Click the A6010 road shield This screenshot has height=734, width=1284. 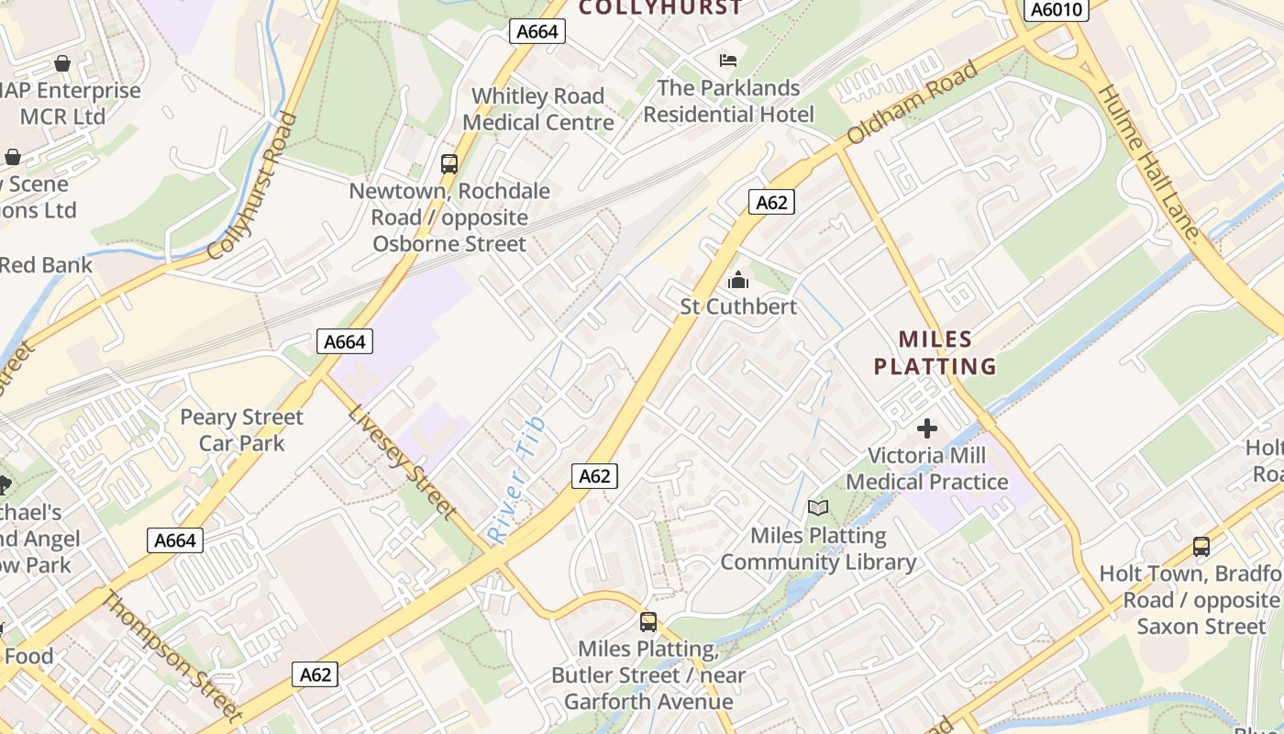(x=1057, y=10)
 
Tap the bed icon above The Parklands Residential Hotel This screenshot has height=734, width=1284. (x=728, y=61)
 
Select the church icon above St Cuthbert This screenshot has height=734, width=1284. (x=738, y=280)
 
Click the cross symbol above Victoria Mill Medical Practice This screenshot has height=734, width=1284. (x=927, y=428)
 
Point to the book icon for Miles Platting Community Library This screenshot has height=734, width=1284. (x=817, y=507)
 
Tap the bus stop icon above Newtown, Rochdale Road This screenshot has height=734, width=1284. (x=449, y=164)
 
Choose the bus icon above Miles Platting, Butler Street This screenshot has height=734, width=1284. (x=648, y=622)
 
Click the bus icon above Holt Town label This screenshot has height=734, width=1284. (x=1201, y=547)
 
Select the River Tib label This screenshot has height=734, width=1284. (x=517, y=479)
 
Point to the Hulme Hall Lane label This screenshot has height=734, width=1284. (x=1148, y=162)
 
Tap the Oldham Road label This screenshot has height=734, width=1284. (x=912, y=103)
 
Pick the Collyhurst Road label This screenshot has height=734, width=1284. (x=253, y=186)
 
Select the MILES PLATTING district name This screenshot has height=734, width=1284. (x=935, y=353)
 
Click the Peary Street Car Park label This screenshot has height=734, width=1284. (x=241, y=430)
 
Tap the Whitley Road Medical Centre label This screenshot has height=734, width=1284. (x=537, y=109)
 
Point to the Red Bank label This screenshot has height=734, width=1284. (x=46, y=265)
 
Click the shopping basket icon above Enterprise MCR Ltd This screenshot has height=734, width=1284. (x=62, y=63)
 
